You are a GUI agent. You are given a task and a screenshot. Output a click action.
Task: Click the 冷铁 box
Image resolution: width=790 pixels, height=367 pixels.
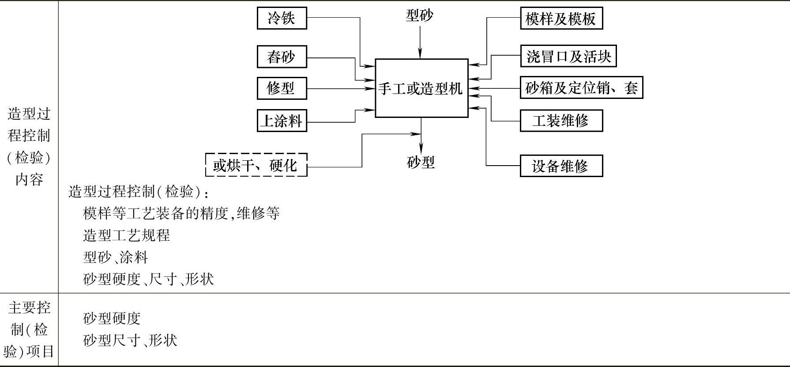282,18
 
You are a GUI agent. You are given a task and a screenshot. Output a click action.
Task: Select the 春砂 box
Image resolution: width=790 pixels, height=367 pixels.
282,57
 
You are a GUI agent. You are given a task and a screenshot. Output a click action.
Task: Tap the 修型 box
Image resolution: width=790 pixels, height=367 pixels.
282,88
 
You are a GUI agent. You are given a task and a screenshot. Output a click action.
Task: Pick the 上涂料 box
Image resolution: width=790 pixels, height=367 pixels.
282,121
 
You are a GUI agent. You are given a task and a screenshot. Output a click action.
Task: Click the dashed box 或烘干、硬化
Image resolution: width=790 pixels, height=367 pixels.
256,165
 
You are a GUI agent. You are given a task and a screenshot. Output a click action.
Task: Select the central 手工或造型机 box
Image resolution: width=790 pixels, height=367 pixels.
421,88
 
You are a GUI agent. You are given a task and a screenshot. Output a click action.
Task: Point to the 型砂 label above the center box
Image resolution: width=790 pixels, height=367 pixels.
419,16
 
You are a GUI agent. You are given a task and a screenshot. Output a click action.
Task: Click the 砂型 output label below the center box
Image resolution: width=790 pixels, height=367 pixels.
421,163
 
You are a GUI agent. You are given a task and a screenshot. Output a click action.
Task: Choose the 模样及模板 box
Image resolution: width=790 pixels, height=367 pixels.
561,19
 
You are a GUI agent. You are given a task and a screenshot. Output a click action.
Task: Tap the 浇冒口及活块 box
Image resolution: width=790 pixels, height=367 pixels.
568,57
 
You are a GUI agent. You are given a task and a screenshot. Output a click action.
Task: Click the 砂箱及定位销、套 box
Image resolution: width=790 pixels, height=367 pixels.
581,88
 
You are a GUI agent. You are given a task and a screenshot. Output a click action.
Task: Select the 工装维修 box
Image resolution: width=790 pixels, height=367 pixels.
561,121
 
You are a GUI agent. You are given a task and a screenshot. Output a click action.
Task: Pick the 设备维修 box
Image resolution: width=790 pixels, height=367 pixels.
561,166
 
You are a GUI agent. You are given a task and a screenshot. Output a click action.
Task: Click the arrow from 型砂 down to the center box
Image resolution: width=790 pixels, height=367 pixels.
420,42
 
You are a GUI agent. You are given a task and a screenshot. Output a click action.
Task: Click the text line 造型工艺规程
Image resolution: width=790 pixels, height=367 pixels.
126,235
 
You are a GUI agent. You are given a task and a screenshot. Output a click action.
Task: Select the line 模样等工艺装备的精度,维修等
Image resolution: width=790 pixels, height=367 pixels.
181,213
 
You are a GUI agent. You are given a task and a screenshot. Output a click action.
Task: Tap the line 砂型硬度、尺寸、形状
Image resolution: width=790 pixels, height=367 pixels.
148,279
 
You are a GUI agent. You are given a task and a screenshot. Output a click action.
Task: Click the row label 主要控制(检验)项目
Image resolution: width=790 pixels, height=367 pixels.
29,329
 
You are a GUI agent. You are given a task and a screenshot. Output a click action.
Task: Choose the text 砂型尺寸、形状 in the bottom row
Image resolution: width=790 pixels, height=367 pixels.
130,340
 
